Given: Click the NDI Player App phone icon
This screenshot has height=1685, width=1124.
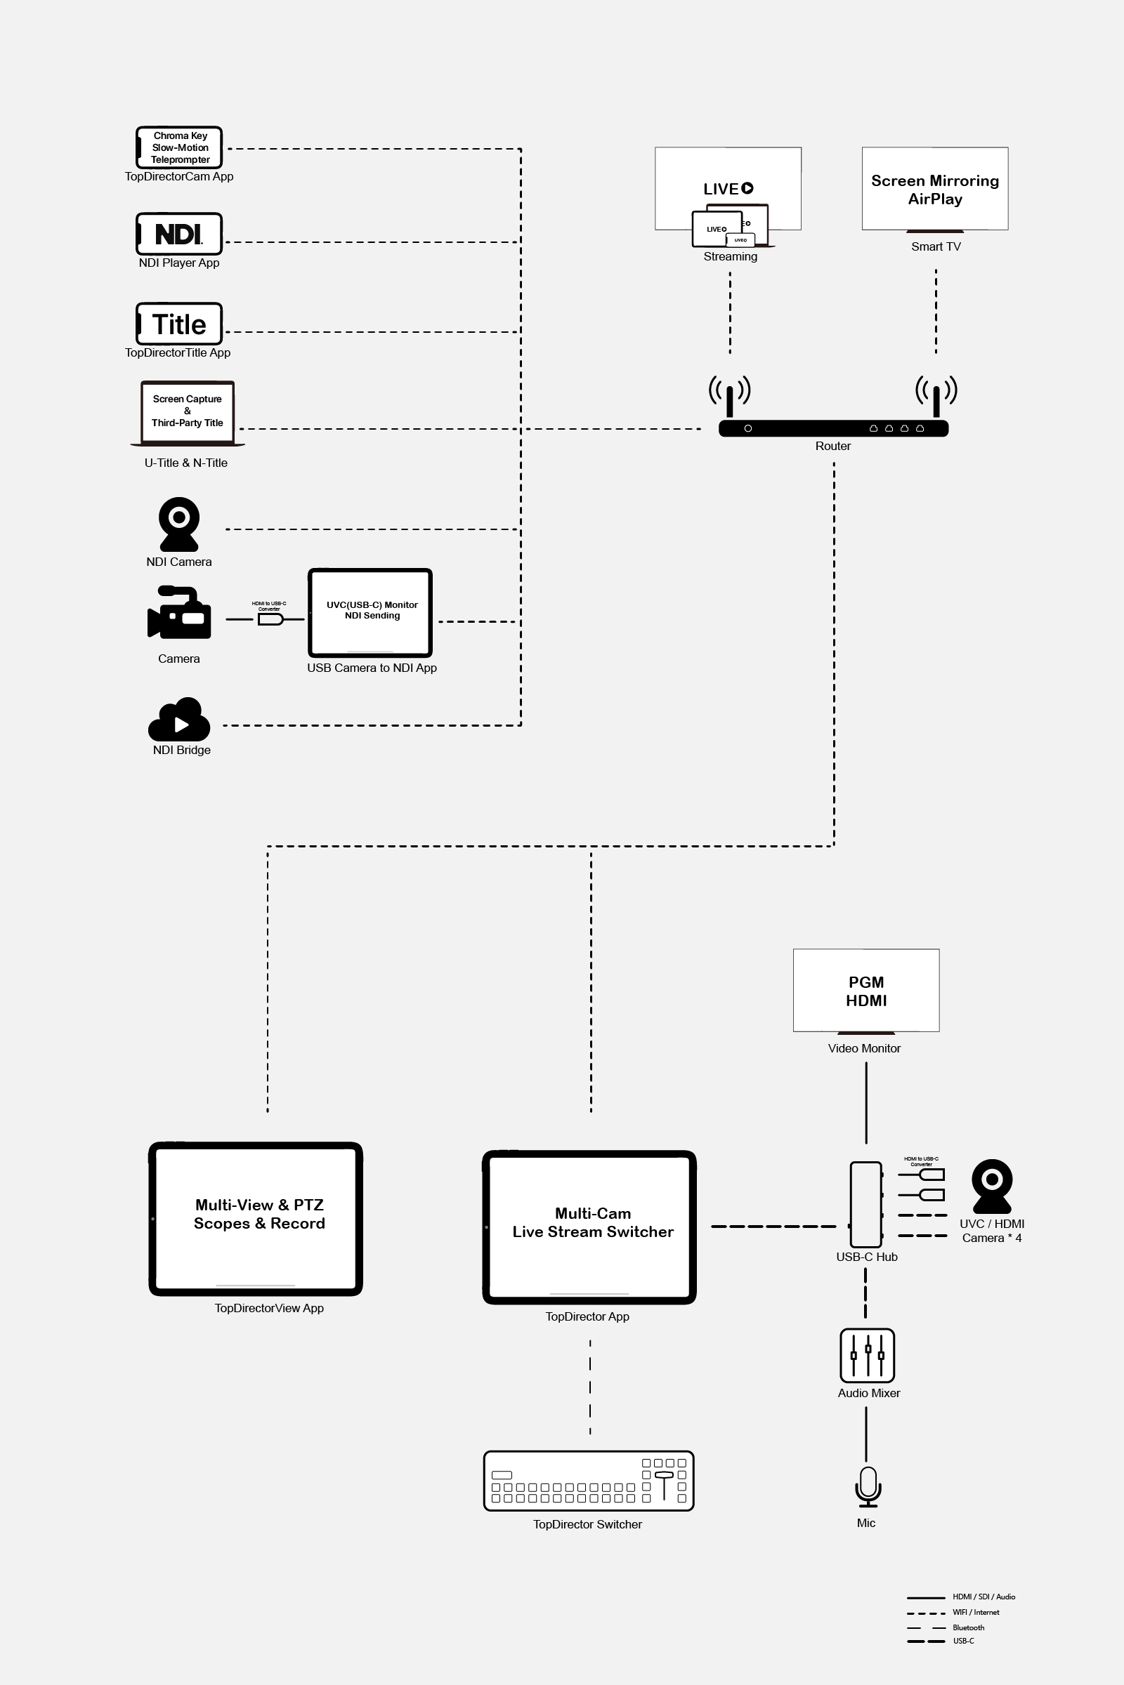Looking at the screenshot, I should click(179, 234).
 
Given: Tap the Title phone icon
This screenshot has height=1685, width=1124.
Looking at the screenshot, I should click(179, 324).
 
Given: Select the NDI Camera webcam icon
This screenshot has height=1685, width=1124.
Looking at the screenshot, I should click(179, 524).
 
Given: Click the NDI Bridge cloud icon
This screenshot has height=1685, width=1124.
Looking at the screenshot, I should click(179, 721).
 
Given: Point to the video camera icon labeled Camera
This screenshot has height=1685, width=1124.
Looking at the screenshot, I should click(179, 613).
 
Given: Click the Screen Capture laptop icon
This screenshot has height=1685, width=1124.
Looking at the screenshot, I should click(187, 412).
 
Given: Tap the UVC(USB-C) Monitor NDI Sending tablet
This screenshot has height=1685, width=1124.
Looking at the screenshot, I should click(370, 612).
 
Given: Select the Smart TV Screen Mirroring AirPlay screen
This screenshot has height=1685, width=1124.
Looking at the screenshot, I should click(935, 189).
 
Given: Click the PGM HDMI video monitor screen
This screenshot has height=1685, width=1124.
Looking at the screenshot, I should click(866, 990).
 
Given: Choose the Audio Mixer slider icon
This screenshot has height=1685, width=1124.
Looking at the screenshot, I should click(868, 1355).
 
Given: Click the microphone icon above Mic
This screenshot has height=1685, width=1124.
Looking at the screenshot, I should click(868, 1486).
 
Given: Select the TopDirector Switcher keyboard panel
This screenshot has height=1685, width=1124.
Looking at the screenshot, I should click(589, 1481).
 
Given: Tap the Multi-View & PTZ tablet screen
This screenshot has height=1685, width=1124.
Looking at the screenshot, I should click(256, 1218).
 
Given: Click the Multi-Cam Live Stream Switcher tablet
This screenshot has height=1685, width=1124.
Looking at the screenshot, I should click(589, 1227).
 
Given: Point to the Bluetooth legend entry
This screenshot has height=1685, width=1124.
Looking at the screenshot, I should click(968, 1627).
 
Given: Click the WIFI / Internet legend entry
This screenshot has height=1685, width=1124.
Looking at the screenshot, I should click(975, 1613).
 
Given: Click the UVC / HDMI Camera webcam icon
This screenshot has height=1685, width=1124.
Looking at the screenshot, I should click(992, 1186).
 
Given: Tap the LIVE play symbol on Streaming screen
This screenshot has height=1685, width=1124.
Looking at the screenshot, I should click(747, 188).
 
